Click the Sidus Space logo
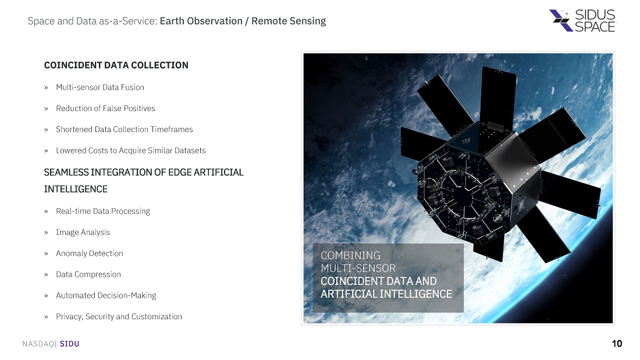point(582,20)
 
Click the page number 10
point(617,344)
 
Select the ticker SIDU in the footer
point(69,344)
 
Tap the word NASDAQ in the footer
point(38,344)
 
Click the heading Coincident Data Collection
point(116,65)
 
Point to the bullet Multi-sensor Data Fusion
point(100,87)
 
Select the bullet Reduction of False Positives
point(105,109)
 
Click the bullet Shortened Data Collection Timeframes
point(124,129)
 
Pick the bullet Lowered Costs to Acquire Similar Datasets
point(130,151)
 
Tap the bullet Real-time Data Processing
point(103,212)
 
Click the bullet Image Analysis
point(83,232)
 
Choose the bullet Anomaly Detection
point(90,254)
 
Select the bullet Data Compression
point(88,275)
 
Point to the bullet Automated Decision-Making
point(106,295)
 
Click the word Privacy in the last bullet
point(69,317)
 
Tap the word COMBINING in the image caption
point(350,255)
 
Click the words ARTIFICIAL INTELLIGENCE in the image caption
point(386,294)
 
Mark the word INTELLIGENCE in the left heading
point(76,190)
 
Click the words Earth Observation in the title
point(201,21)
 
